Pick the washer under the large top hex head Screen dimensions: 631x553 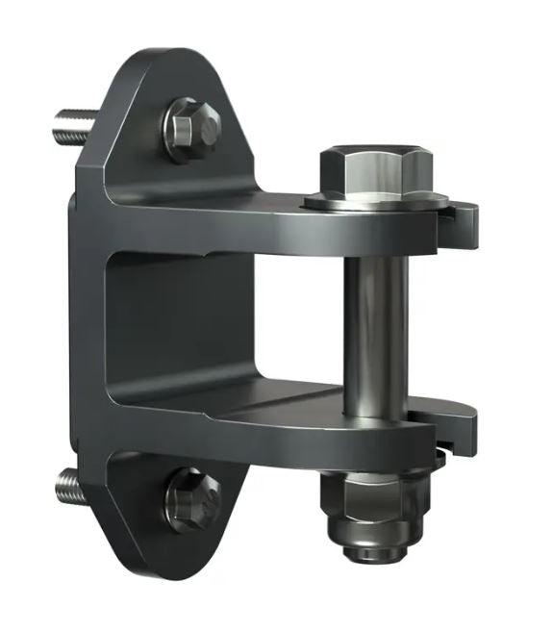pos(375,201)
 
